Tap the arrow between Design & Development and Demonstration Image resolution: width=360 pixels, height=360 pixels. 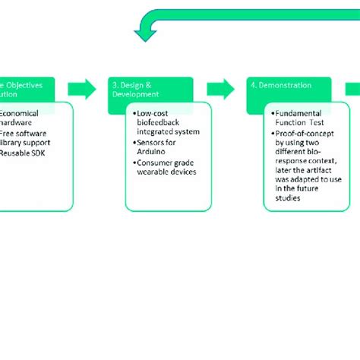[x=221, y=89]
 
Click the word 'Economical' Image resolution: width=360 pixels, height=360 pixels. [x=21, y=112]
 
